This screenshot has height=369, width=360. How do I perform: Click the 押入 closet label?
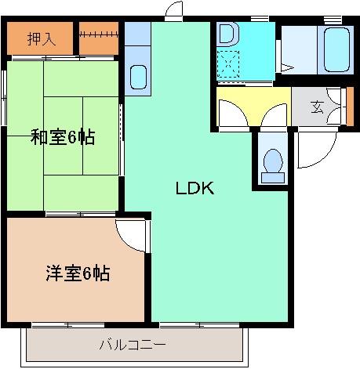(x=41, y=38)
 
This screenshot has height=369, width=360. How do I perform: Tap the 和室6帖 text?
(x=63, y=137)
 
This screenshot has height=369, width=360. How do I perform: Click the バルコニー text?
(x=133, y=343)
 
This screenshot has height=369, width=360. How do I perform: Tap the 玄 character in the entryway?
(x=317, y=107)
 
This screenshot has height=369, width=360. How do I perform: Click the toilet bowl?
(x=272, y=163)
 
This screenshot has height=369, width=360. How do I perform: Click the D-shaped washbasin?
(x=227, y=34)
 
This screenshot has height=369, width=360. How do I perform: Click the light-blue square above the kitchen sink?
(x=137, y=33)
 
